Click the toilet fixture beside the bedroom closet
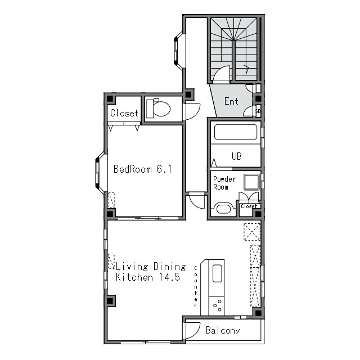click(159, 109)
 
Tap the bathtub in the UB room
click(236, 132)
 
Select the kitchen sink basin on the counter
click(217, 273)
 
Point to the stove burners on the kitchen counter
click(218, 305)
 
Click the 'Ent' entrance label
click(231, 101)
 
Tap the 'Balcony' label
click(223, 330)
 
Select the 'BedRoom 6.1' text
click(142, 169)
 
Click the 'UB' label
click(236, 156)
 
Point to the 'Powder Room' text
click(224, 183)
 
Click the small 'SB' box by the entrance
click(258, 111)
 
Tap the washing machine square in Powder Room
click(251, 182)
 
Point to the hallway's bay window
click(178, 50)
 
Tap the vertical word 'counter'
click(196, 286)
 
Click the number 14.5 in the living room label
click(170, 277)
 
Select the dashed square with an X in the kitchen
click(252, 232)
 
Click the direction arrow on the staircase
click(247, 69)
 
